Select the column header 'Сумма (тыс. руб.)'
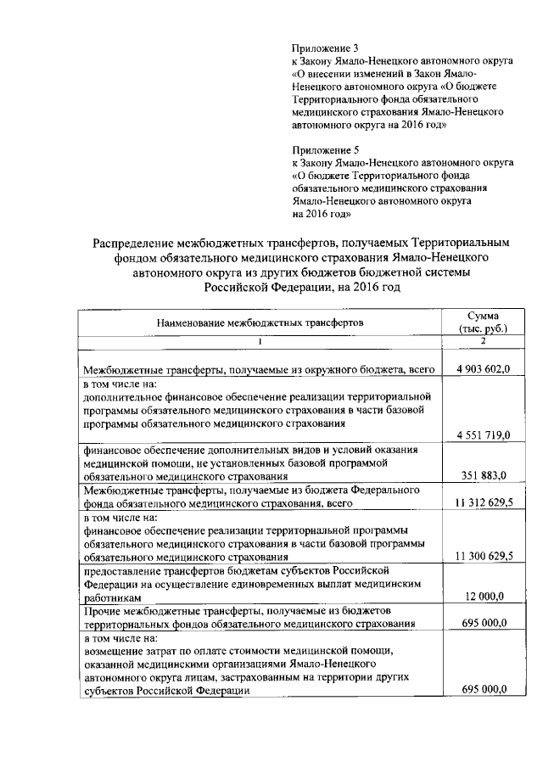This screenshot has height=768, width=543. coord(482,322)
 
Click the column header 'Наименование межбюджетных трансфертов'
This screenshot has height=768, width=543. coord(259,323)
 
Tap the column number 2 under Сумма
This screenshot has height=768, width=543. coord(482,341)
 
